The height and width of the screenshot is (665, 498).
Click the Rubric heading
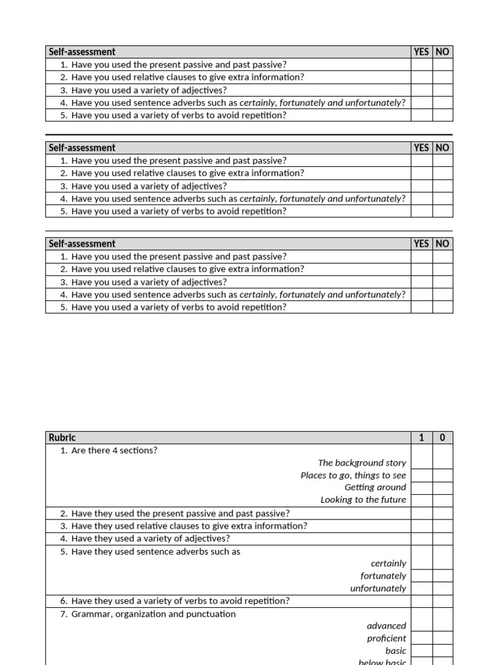point(62,438)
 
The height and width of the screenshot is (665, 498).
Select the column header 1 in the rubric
point(421,438)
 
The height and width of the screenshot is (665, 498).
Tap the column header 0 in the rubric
point(442,438)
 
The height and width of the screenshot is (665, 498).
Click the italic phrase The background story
point(362,463)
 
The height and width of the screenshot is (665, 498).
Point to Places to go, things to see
point(353,475)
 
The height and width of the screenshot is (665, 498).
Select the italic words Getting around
point(375,487)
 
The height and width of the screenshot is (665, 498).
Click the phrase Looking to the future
point(363,499)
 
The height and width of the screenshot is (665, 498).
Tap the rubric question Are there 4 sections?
point(114,450)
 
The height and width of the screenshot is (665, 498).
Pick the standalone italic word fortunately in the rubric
point(383,576)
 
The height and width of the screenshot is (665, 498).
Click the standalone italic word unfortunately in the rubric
point(378,588)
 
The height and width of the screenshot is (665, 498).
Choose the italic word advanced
point(386,626)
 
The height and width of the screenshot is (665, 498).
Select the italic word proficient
point(386,638)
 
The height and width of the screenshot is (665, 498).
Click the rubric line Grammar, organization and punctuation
point(153,614)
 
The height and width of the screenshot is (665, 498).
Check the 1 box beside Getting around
point(421,488)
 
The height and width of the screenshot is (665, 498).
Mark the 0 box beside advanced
point(442,626)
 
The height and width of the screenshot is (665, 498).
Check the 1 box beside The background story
point(421,463)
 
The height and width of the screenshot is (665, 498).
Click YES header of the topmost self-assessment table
point(421,52)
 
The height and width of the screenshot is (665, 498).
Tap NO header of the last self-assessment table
point(442,244)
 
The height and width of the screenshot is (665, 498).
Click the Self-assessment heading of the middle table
point(82,147)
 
